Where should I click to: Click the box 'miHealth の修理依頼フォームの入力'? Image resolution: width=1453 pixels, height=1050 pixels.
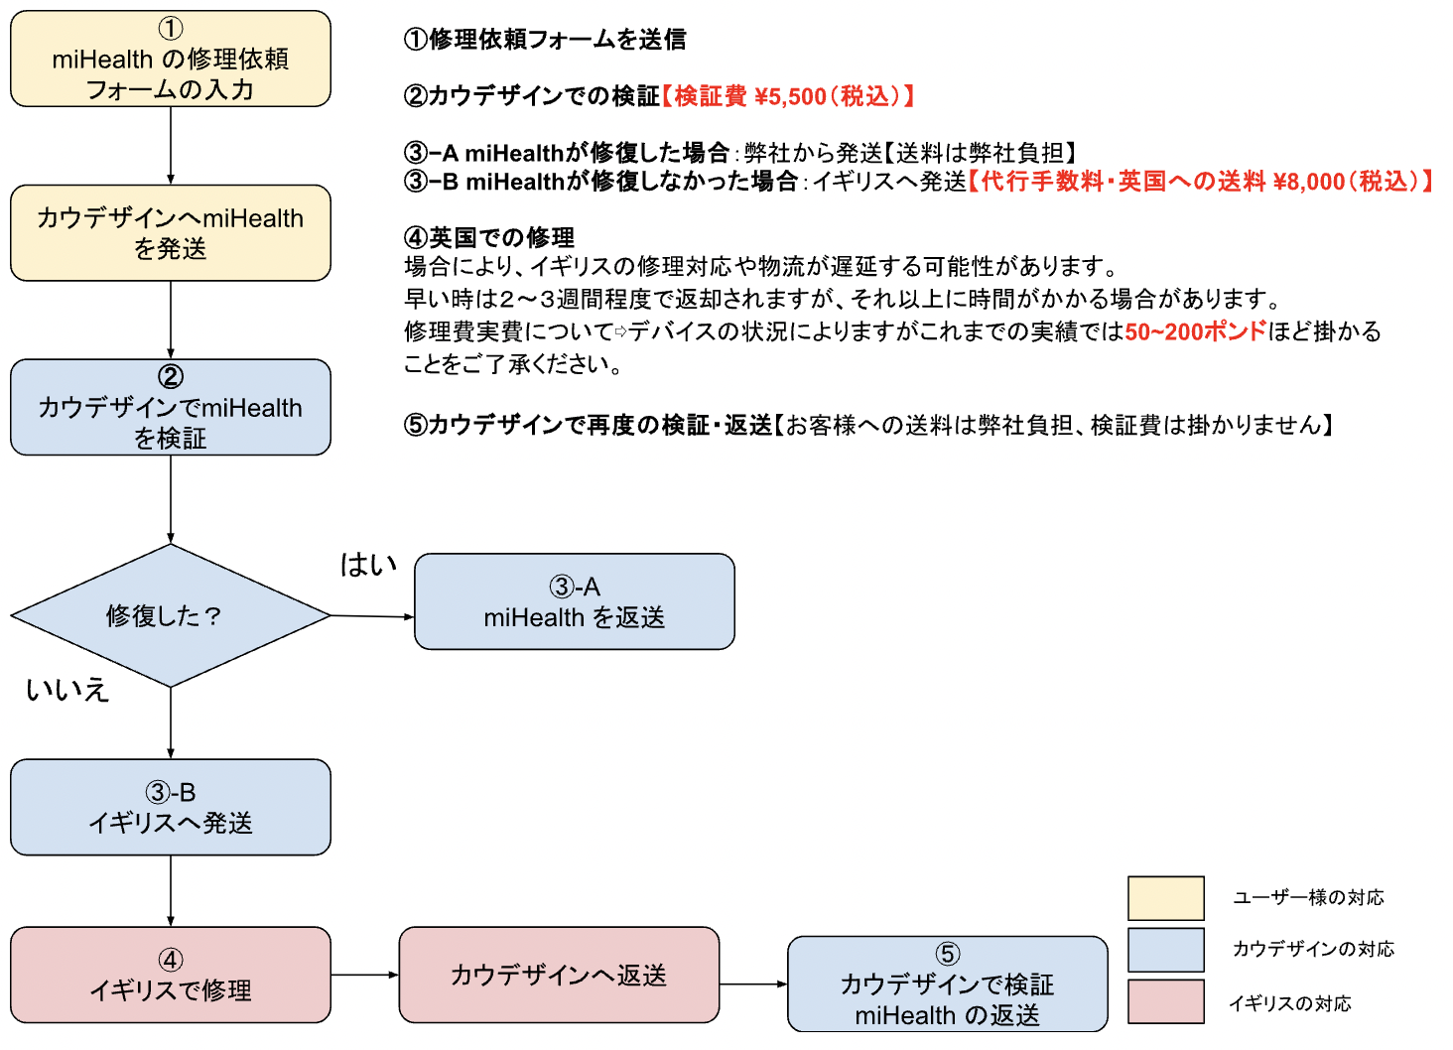click(170, 59)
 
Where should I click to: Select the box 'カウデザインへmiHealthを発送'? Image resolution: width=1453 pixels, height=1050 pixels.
click(170, 233)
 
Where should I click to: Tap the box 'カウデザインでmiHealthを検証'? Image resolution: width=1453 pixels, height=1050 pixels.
click(170, 407)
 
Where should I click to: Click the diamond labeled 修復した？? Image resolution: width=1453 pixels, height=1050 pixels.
click(170, 615)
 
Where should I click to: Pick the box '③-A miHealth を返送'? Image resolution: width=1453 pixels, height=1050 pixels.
click(574, 601)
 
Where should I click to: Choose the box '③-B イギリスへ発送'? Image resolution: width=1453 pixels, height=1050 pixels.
click(170, 807)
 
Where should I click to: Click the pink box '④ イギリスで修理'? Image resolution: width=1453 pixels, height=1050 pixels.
click(170, 975)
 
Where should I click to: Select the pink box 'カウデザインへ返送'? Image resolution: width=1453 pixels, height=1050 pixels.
click(559, 975)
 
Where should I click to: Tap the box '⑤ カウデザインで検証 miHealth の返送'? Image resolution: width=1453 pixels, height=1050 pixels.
click(947, 984)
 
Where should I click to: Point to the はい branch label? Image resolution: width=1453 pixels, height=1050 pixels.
click(368, 565)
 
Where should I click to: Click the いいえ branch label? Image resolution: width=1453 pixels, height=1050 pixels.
click(67, 690)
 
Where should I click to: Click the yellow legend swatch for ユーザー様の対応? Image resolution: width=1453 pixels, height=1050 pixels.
click(1165, 898)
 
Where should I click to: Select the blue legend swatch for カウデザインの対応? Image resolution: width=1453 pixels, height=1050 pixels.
click(1165, 950)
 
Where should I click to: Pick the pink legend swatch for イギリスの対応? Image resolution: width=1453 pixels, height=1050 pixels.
click(1165, 1001)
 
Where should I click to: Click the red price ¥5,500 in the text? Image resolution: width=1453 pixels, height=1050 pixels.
click(790, 96)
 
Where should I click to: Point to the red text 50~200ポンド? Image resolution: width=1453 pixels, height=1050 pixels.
click(1195, 331)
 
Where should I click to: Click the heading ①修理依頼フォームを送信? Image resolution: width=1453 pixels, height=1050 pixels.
click(545, 40)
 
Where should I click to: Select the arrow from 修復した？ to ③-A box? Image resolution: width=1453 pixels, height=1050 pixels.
click(372, 616)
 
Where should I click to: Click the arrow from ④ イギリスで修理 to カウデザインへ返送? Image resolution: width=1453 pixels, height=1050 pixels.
click(364, 975)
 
